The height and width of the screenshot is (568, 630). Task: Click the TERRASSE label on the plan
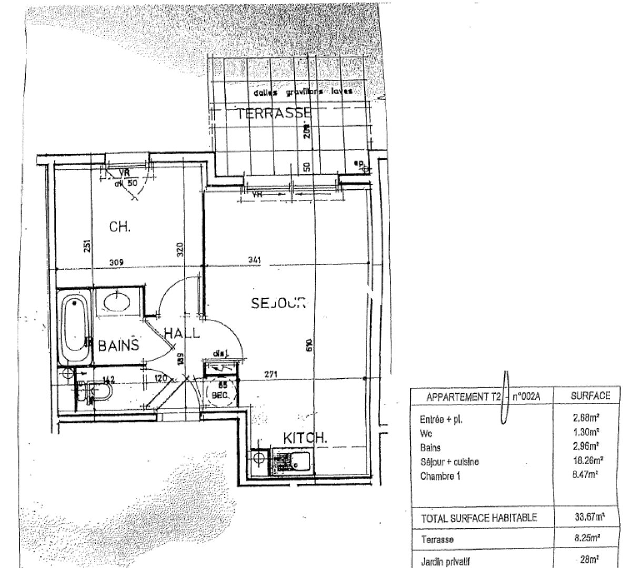(x=273, y=113)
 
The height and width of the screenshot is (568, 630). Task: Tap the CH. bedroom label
(x=119, y=227)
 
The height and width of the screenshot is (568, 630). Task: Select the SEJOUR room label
(x=278, y=303)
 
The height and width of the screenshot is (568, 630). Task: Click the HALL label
(x=182, y=333)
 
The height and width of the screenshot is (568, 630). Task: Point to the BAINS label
(x=119, y=346)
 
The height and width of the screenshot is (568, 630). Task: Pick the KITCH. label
(x=306, y=438)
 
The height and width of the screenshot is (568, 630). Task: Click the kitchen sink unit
(x=292, y=462)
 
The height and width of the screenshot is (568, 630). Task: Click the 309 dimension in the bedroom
(x=123, y=261)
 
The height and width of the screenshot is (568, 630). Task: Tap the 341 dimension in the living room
(x=255, y=260)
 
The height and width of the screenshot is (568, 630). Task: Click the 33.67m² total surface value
(x=588, y=517)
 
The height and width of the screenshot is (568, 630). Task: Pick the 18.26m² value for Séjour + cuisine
(x=587, y=461)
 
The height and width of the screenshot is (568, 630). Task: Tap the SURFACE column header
(x=590, y=396)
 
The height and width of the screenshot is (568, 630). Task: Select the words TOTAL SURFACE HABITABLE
(x=479, y=518)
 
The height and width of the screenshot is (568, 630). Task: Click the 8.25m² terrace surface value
(x=588, y=539)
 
